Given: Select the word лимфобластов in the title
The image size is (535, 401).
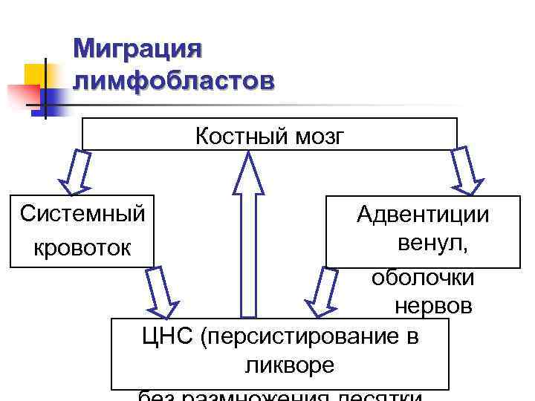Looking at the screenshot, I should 174,79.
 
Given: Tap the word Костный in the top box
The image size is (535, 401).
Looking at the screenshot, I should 231,137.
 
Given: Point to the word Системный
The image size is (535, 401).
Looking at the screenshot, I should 82,214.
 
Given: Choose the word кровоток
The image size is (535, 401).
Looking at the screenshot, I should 82,247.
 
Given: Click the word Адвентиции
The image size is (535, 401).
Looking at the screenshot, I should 423,215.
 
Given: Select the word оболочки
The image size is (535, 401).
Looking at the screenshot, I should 423,276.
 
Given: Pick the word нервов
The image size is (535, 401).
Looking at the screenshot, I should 433,305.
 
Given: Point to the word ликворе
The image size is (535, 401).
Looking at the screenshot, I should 288,365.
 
